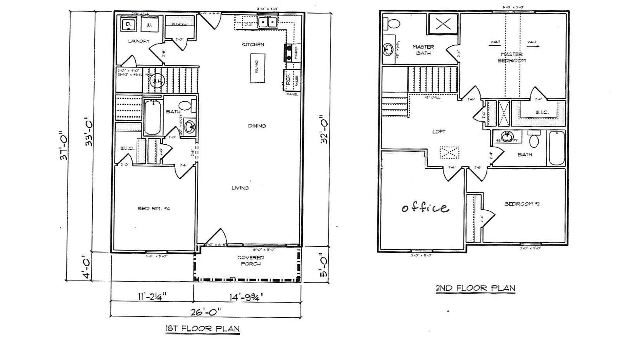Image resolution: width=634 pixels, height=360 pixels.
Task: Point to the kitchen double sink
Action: coord(268,22)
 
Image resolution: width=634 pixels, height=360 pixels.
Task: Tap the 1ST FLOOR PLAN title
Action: coord(202,329)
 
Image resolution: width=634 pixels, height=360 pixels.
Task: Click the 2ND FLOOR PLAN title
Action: coord(475,288)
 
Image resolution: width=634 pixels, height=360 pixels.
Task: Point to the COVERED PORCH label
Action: coord(250,261)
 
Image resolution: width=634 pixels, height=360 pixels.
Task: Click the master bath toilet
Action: coord(392,23)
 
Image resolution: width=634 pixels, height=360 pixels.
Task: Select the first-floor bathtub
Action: coord(152,116)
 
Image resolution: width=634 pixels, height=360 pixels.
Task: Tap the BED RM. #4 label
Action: coord(154,209)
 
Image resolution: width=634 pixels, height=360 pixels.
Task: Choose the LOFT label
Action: coord(439,132)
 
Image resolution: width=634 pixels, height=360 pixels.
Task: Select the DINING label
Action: coord(257,126)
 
